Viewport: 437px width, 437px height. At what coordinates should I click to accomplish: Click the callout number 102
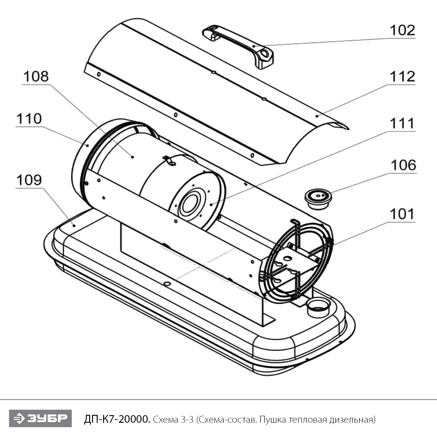[x=402, y=30]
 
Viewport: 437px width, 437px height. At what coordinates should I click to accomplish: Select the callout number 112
[x=402, y=77]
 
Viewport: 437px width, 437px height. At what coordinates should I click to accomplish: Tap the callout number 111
[x=402, y=124]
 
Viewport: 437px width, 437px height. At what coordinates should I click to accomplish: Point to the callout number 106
[x=403, y=165]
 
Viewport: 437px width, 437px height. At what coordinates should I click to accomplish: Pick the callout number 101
[x=402, y=214]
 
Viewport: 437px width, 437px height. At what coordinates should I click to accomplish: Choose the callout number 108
[x=36, y=77]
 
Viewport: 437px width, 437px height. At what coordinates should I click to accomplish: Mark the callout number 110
[x=29, y=119]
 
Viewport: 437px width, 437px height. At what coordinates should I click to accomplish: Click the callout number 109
[x=29, y=180]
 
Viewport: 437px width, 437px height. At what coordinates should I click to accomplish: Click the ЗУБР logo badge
[x=40, y=418]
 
